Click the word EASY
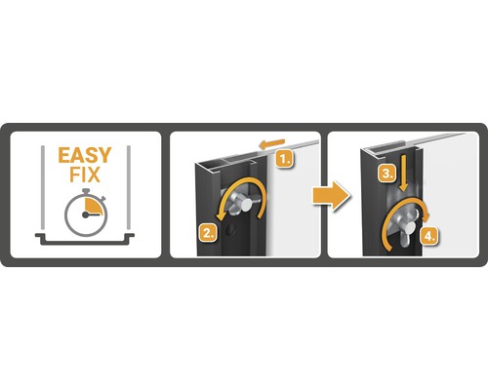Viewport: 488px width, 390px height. coord(85,155)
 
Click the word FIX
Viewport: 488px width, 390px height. coord(85,175)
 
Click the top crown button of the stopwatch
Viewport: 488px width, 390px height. coord(86,191)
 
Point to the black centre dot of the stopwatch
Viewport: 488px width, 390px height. coord(86,214)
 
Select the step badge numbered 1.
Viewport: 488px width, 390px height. coord(285,159)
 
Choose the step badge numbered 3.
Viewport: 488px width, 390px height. coord(386,174)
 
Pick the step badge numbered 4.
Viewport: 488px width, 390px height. coord(428,236)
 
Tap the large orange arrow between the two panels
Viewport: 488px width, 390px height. coord(331,196)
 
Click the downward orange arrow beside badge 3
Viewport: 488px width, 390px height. coord(403,174)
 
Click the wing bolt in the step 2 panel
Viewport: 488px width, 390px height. coord(242,204)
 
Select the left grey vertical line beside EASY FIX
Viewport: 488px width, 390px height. coord(43,187)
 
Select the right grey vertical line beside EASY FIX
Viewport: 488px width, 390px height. coord(129,187)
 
